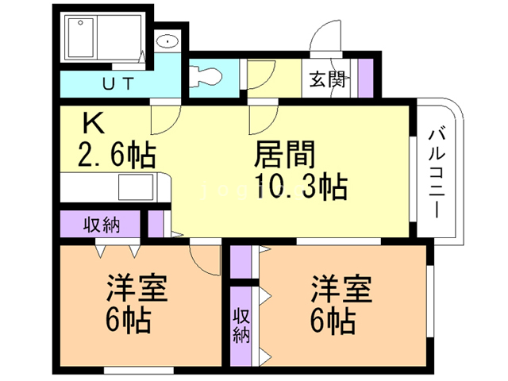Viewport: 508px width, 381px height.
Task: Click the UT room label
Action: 118,83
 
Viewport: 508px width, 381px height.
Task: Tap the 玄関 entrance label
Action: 327,79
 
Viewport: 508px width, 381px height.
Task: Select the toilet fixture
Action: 206,76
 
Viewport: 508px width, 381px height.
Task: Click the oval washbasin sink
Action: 167,41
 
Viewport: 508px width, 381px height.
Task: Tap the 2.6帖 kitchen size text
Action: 117,155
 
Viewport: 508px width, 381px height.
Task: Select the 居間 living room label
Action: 285,154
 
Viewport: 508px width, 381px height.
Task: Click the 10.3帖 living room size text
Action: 301,187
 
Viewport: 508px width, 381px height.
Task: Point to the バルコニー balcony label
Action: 437,173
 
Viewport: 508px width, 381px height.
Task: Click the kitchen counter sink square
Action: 136,187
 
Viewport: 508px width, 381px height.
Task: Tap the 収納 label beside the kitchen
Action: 102,225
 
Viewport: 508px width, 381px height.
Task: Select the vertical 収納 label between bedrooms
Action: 241,325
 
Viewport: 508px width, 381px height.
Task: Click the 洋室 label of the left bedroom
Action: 137,288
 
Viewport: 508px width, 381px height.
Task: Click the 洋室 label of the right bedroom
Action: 341,289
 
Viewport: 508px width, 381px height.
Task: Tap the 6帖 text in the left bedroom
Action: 128,320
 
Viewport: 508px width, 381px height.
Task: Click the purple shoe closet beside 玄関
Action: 366,78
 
